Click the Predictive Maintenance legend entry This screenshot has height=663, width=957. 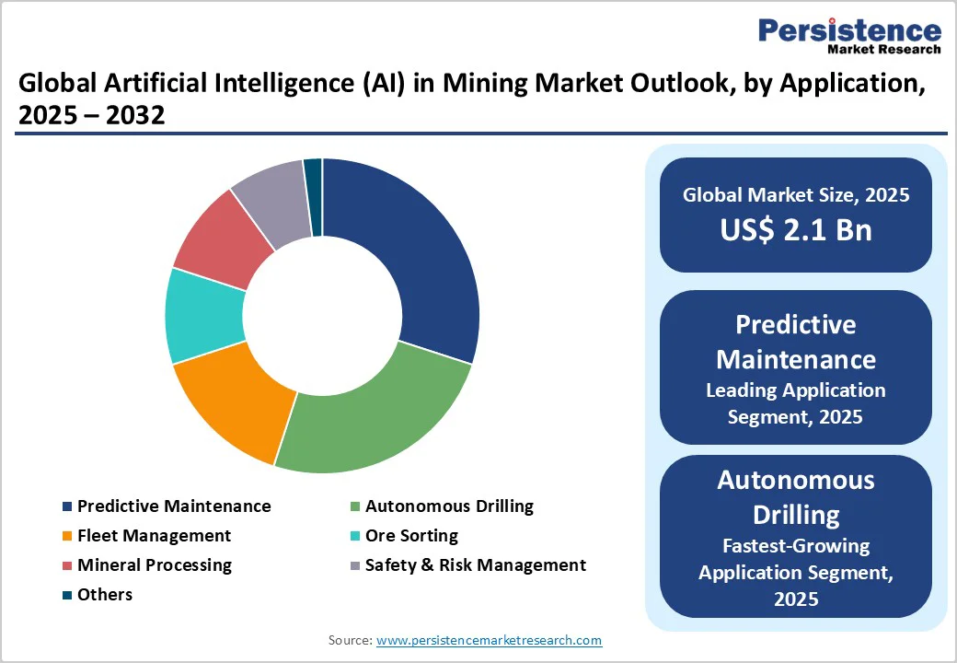pyautogui.click(x=173, y=506)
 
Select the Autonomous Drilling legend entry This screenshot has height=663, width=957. pyautogui.click(x=448, y=506)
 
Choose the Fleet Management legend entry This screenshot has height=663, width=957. pyautogui.click(x=154, y=535)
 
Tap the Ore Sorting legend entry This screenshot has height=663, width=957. pyautogui.click(x=410, y=535)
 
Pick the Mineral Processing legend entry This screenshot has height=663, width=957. pyautogui.click(x=154, y=564)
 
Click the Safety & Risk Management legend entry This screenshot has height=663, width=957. pyautogui.click(x=475, y=564)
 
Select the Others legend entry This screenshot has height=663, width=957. pyautogui.click(x=104, y=594)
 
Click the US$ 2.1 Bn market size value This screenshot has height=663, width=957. pyautogui.click(x=796, y=229)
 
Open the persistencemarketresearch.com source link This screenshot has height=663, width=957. pyautogui.click(x=489, y=640)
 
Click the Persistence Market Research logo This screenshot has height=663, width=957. pyautogui.click(x=848, y=35)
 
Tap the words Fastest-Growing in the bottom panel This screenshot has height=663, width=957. pyautogui.click(x=796, y=545)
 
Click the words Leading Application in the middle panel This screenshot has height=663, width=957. pyautogui.click(x=796, y=390)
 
